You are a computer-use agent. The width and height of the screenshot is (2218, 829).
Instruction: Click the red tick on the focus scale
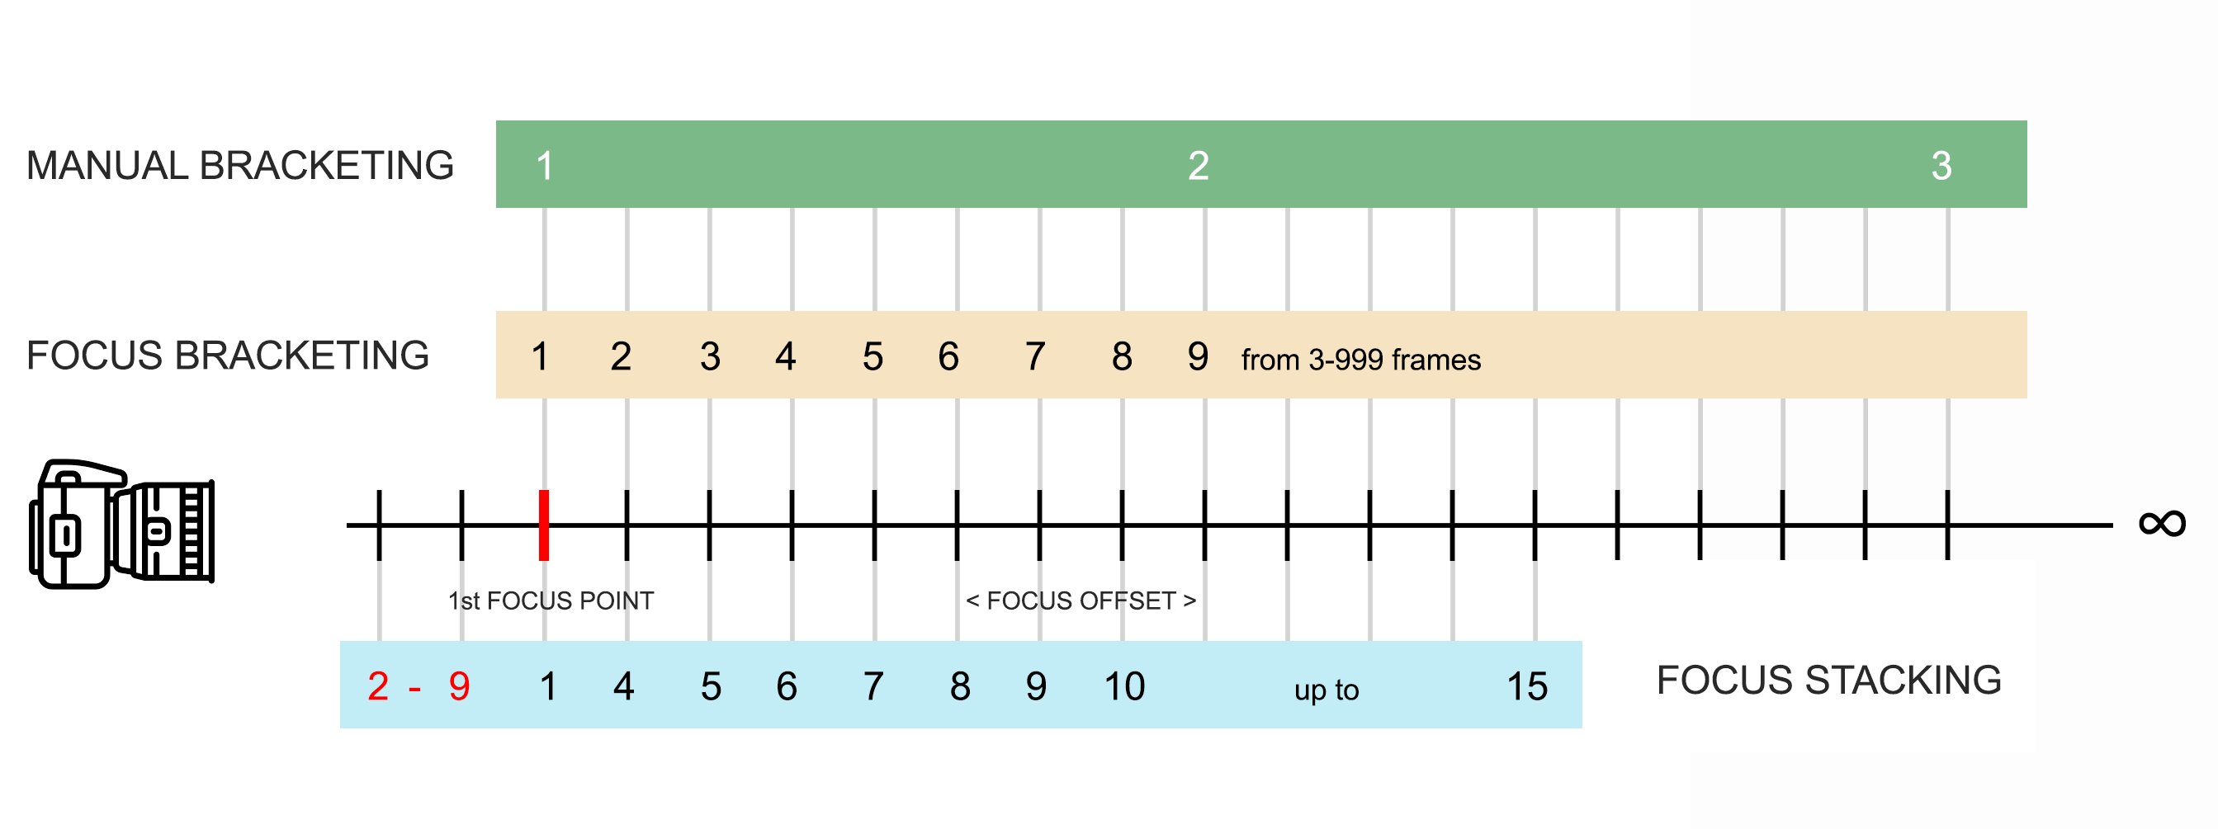544,525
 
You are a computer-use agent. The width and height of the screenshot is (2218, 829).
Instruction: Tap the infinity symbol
2162,524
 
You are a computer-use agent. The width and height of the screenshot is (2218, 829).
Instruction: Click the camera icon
121,524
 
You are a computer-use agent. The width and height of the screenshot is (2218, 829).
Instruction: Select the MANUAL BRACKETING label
240,165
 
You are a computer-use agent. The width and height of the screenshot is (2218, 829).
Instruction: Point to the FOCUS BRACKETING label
228,356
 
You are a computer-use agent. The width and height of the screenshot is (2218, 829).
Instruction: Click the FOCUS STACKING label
1829,680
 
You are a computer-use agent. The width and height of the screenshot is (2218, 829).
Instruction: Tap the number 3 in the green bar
1941,165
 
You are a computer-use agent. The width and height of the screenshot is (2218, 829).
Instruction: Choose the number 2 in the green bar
1199,165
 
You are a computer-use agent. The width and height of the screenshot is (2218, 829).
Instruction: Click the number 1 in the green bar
544,165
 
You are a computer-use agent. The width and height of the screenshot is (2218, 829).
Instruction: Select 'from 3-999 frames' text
1360,360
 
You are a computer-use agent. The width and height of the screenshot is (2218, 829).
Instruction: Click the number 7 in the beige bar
1035,356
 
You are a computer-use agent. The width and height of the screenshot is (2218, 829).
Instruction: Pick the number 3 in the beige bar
711,356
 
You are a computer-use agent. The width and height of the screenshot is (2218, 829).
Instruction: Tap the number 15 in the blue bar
1527,686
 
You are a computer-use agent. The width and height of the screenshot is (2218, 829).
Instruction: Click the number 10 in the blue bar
1124,686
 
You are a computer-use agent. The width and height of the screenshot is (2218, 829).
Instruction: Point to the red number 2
378,686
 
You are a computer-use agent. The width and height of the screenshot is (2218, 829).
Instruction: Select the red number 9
459,686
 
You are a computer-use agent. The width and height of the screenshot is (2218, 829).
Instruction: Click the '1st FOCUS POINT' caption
551,601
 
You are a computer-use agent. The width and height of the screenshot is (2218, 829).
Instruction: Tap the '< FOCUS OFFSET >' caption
1081,601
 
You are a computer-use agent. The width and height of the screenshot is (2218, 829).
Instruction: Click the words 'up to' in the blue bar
1326,690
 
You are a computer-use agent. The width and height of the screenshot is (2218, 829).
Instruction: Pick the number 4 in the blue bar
624,686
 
